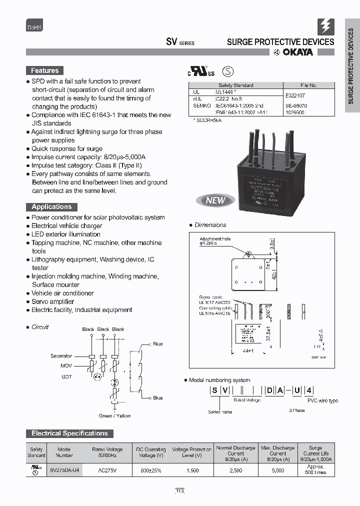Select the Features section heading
44,71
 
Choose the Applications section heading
51,207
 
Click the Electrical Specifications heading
69,433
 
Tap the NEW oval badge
215,200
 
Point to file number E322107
296,95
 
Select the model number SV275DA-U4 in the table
64,470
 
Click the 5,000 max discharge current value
277,470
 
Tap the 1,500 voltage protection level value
192,470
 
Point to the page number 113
179,491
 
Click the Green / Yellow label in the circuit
114,415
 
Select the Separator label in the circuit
61,356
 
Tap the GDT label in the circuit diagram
66,376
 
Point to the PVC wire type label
322,400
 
